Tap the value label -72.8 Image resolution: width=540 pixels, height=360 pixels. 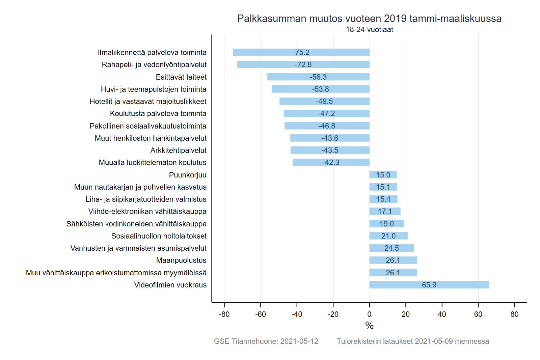(x=303, y=65)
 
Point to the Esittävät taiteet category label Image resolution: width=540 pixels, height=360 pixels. (x=181, y=77)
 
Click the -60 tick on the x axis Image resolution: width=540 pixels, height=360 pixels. (x=261, y=314)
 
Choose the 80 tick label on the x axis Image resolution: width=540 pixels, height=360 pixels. (x=514, y=314)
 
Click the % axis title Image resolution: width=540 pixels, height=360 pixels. (x=369, y=326)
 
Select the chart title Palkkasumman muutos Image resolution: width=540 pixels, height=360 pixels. (x=369, y=19)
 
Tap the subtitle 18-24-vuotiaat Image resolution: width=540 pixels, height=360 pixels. (x=369, y=30)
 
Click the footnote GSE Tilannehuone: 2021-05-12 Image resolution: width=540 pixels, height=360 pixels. (x=266, y=341)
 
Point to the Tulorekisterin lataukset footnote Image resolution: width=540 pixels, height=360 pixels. (x=413, y=341)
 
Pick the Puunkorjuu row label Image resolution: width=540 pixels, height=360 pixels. (x=188, y=175)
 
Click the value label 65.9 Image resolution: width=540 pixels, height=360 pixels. (x=429, y=285)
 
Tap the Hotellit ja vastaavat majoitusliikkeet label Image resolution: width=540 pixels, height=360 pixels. (x=148, y=102)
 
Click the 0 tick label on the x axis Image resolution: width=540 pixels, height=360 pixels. (x=369, y=314)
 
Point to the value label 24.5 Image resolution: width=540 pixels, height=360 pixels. (x=391, y=248)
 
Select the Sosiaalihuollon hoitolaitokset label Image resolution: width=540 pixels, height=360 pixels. (x=159, y=236)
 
